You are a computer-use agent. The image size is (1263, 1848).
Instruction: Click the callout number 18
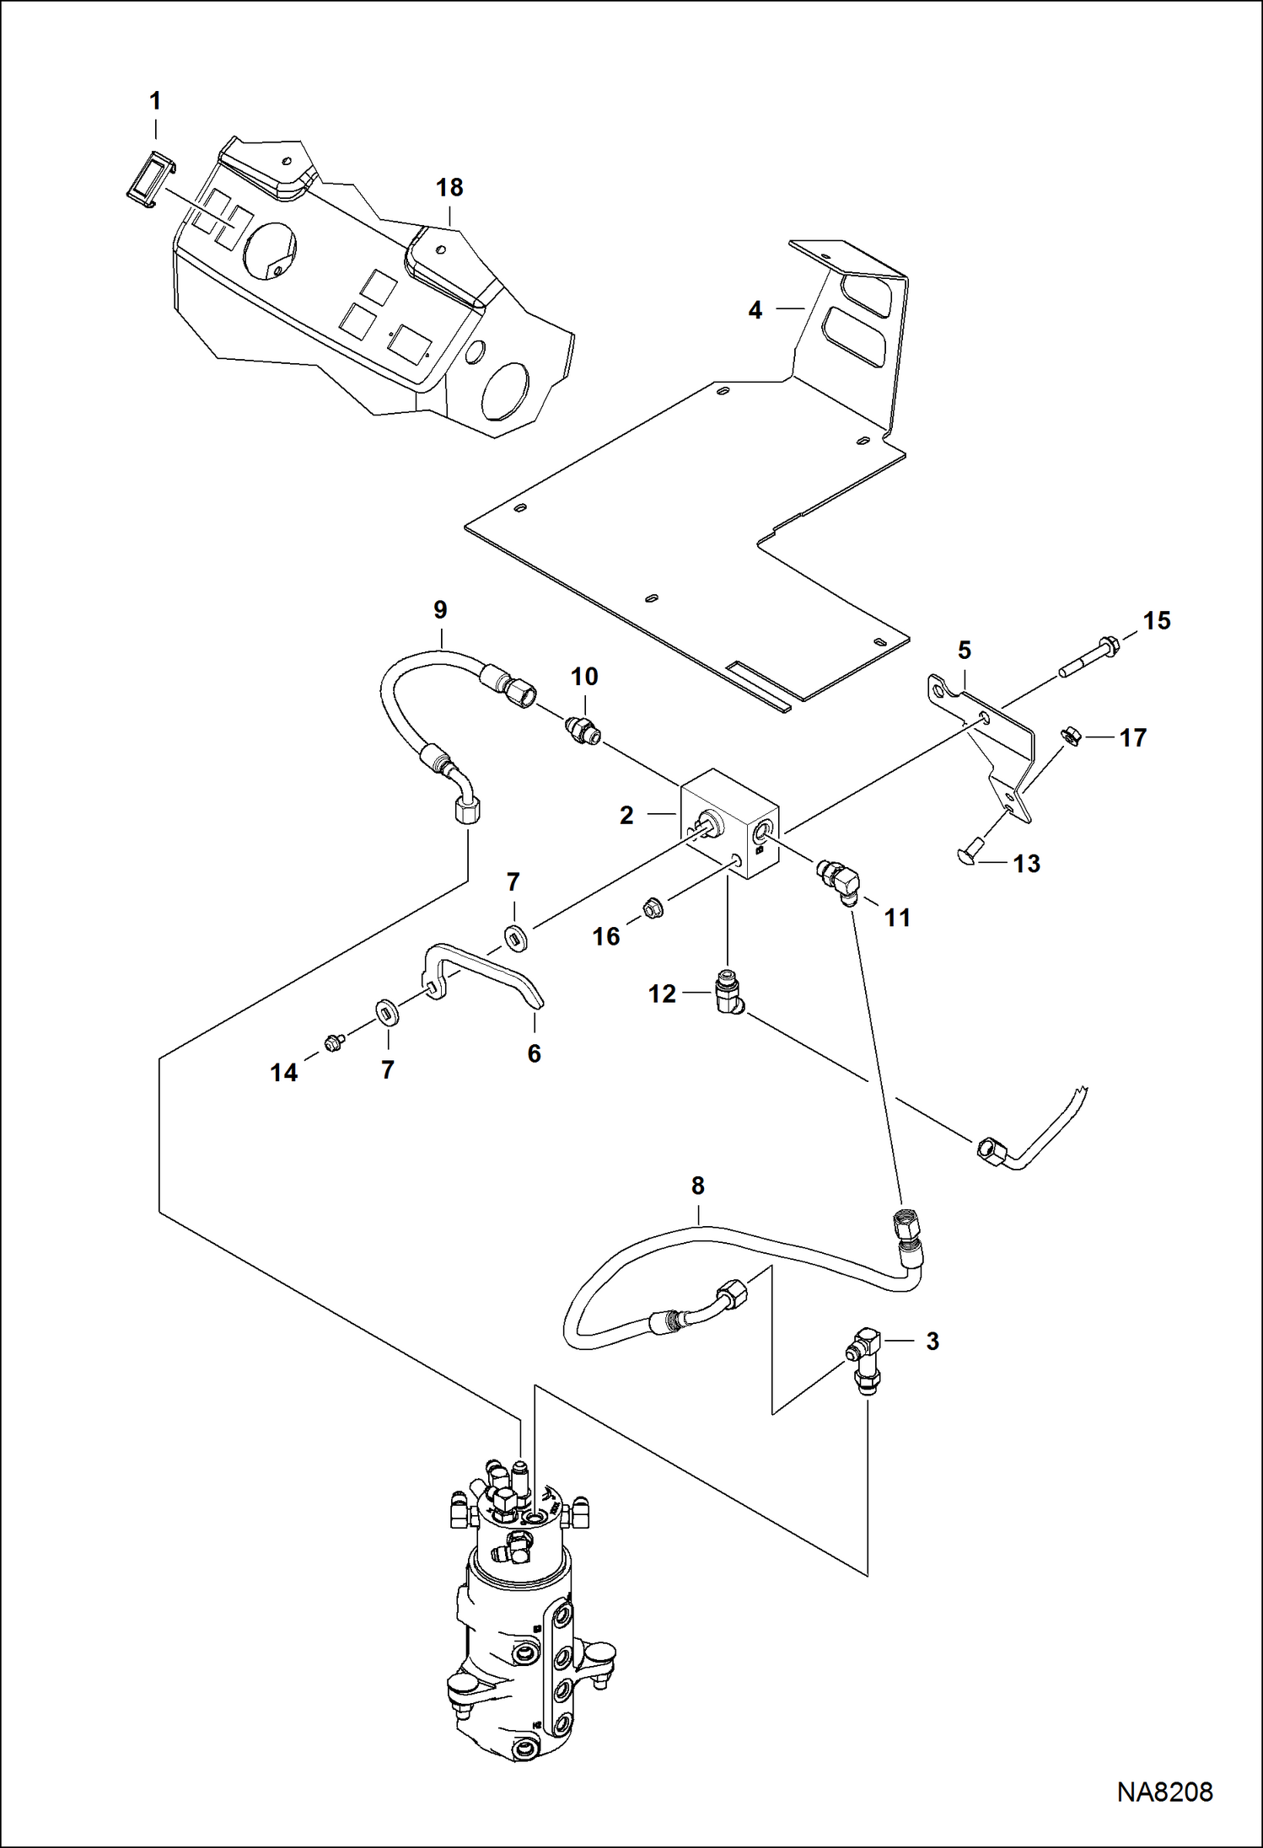tap(449, 187)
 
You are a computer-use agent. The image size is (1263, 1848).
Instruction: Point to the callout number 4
tap(755, 310)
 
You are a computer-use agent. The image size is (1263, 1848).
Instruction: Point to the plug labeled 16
tap(653, 908)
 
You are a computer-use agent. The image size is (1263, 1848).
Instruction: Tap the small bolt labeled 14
tap(332, 1044)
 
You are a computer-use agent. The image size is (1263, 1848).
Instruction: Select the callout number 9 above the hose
tap(440, 609)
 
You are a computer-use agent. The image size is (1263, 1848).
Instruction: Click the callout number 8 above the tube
tap(697, 1186)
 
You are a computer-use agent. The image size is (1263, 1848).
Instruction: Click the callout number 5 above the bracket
tap(965, 650)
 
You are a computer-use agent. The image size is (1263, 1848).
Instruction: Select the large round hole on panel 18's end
tap(506, 390)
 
